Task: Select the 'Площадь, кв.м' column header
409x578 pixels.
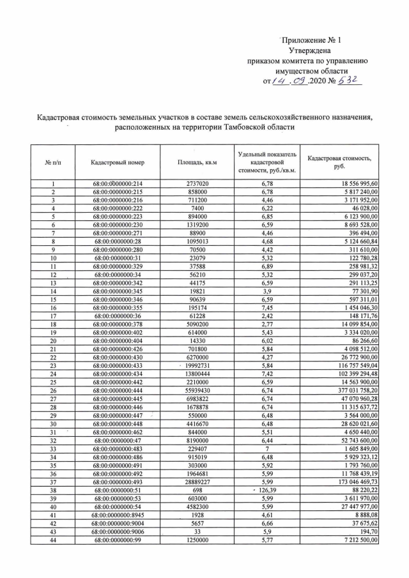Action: click(x=197, y=162)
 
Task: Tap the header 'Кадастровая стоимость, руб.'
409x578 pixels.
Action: click(x=339, y=162)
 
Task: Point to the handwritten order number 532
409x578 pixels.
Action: click(x=351, y=80)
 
